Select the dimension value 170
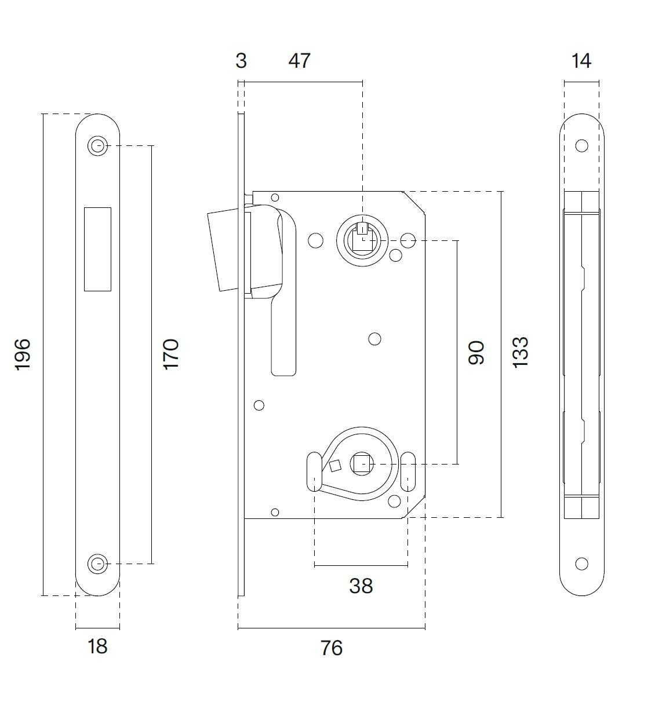[171, 354]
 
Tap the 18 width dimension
[97, 646]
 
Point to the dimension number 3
[241, 61]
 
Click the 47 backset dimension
[300, 61]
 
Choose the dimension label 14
[581, 61]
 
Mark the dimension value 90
[476, 353]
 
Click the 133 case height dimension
[521, 352]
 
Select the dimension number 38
[361, 586]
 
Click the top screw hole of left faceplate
[97, 146]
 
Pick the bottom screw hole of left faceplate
[97, 564]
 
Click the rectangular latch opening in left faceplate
[97, 249]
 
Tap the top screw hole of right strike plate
[581, 146]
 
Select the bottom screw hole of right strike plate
[581, 564]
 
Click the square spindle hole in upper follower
[363, 240]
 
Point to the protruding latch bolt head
[224, 252]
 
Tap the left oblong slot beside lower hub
[315, 471]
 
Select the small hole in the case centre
[375, 339]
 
